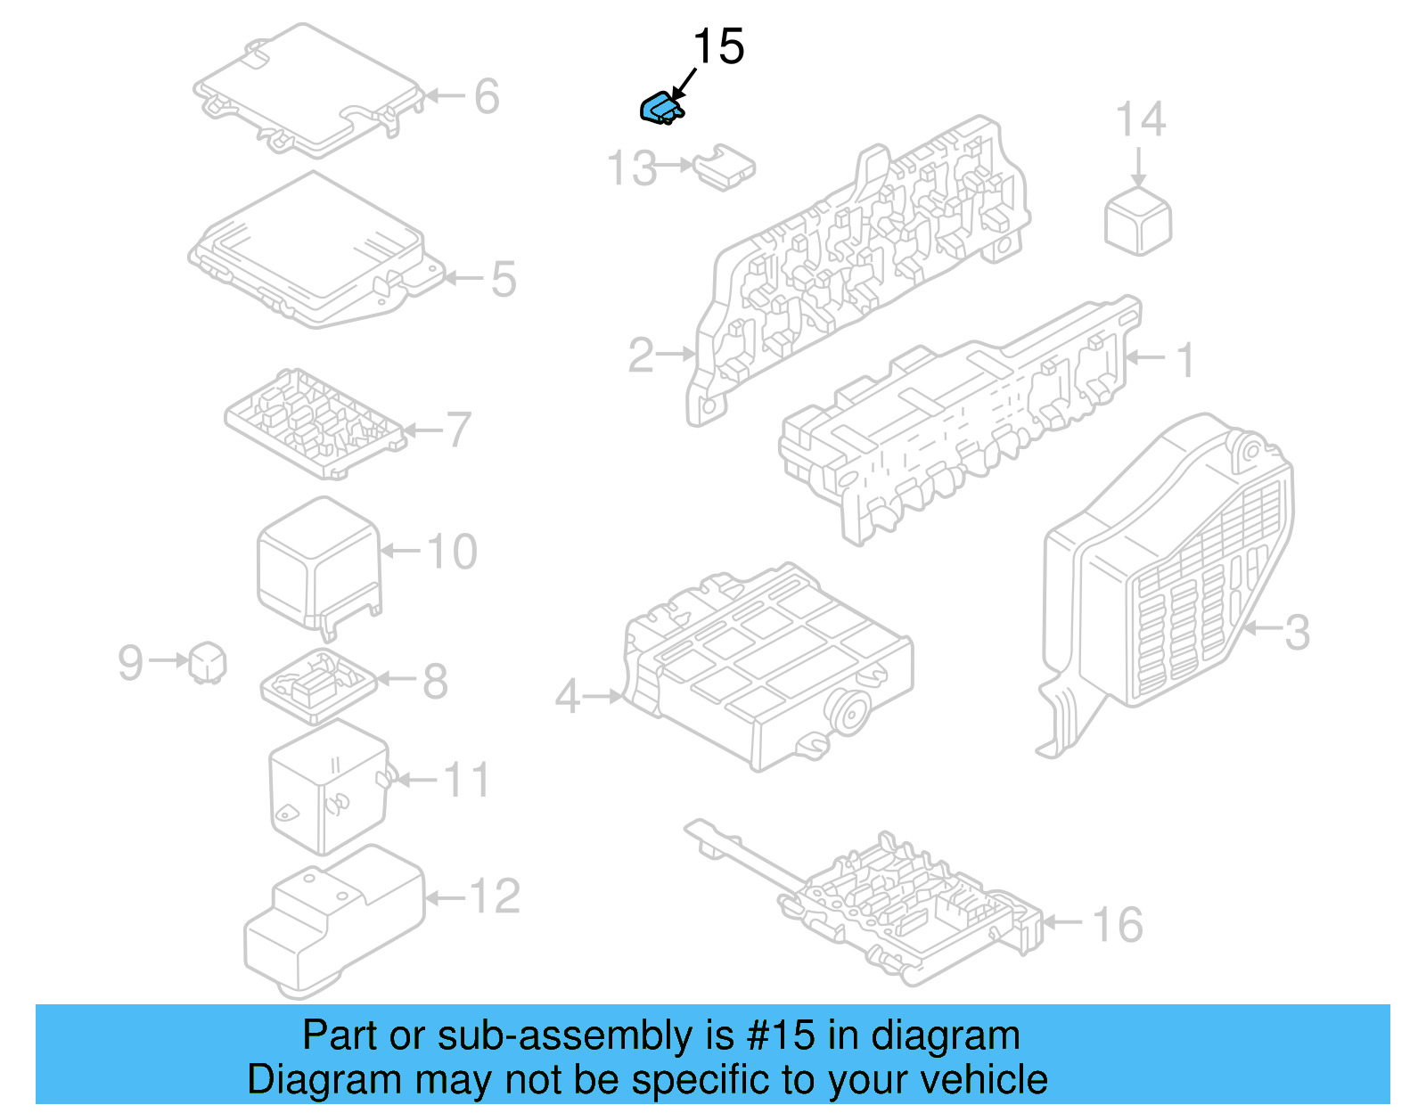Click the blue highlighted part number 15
pos(662,108)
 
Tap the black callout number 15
pos(717,47)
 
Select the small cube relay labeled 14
pos(1138,220)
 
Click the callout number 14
pos(1141,120)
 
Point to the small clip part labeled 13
pos(724,167)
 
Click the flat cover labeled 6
pos(307,89)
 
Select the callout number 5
pos(504,279)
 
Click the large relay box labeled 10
pos(317,561)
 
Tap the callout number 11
pos(466,781)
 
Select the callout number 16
pos(1118,924)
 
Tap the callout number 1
pos(1184,360)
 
